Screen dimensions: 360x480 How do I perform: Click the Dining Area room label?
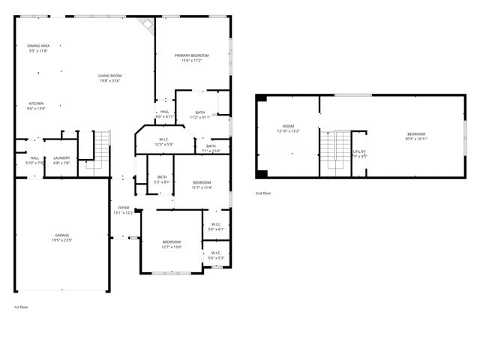(x=37, y=48)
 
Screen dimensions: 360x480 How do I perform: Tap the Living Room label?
(x=110, y=77)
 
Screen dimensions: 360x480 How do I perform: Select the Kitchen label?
(x=37, y=106)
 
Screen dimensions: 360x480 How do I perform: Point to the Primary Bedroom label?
(x=191, y=58)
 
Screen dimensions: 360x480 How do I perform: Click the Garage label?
(x=61, y=238)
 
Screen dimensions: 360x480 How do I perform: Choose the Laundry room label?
(x=61, y=160)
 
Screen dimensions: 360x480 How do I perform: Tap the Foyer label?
(x=123, y=210)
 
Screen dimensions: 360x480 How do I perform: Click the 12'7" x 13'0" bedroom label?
(x=172, y=244)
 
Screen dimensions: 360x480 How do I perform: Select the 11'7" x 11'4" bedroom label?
(x=201, y=185)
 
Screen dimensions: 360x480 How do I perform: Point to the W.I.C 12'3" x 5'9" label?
(x=163, y=142)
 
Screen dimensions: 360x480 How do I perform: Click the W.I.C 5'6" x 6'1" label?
(x=215, y=226)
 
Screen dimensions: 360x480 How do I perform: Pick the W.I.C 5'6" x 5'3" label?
(x=215, y=255)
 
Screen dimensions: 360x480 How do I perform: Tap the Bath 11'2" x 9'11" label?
(x=199, y=115)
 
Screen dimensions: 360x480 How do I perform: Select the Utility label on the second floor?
(x=359, y=154)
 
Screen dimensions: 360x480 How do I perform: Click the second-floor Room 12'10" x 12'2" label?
(x=289, y=128)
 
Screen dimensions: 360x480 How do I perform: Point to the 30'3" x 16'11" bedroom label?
(x=415, y=136)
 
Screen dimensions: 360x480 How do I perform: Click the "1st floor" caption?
(x=20, y=307)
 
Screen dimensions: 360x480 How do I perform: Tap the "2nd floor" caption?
(x=263, y=193)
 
